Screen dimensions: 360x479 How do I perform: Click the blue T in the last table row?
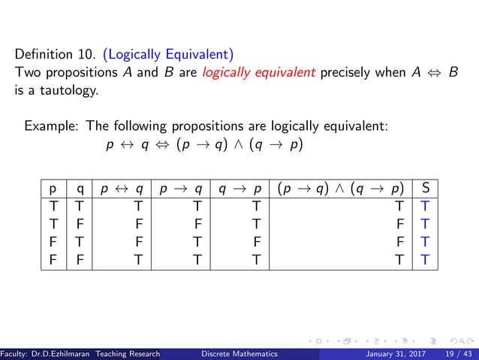[x=425, y=259]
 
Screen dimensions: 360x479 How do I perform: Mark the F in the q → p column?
[x=256, y=241]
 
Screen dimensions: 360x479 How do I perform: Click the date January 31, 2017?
[x=394, y=354]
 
